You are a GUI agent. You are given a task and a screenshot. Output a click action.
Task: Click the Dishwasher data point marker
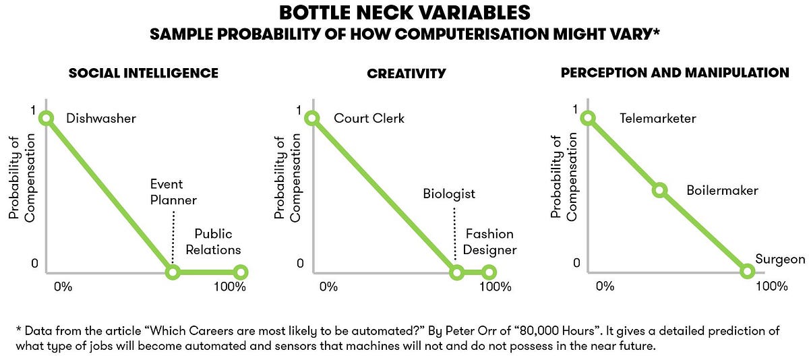[x=47, y=118]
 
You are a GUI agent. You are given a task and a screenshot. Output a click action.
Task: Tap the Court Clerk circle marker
[x=312, y=118]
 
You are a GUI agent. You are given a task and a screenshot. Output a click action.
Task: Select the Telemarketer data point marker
[x=588, y=118]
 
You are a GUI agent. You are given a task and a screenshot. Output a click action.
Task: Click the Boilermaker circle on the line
[x=659, y=191]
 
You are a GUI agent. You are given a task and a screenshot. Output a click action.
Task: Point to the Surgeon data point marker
[x=747, y=272]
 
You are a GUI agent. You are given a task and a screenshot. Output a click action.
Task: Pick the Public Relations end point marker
[x=241, y=272]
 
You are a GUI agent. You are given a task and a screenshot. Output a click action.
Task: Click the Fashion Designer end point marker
[x=489, y=272]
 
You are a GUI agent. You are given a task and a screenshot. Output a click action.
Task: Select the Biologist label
[x=449, y=194]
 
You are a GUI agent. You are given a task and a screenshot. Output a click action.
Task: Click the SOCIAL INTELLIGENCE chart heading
[x=144, y=73]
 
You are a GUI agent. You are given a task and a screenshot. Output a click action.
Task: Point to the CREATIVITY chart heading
[x=407, y=73]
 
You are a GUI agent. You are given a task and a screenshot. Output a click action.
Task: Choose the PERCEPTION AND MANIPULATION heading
[x=675, y=72]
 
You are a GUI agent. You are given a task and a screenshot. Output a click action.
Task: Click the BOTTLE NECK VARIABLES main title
[x=404, y=13]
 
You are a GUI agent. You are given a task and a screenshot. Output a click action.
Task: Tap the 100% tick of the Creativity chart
[x=495, y=287]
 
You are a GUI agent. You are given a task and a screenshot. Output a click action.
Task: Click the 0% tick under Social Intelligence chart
[x=63, y=287]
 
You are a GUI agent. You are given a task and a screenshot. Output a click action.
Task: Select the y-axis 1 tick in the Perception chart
[x=575, y=109]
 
